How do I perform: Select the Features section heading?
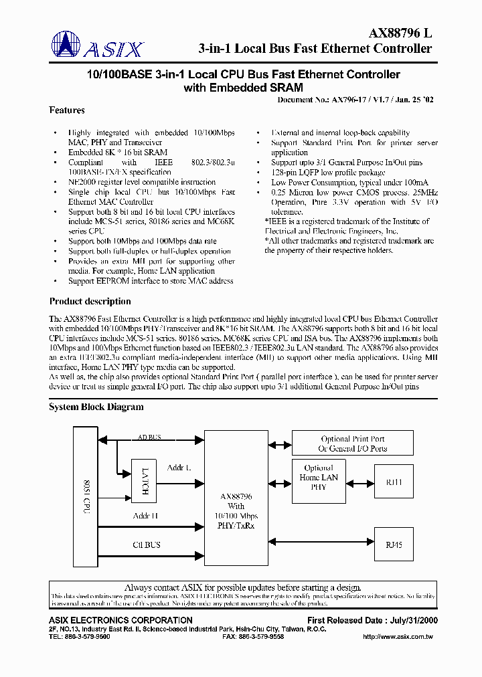coord(67,110)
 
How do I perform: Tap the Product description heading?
coord(90,301)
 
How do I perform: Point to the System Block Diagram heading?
coord(96,407)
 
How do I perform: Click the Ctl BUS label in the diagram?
coord(146,545)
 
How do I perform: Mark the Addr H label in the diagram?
coord(145,515)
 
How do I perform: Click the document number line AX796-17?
coord(355,99)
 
